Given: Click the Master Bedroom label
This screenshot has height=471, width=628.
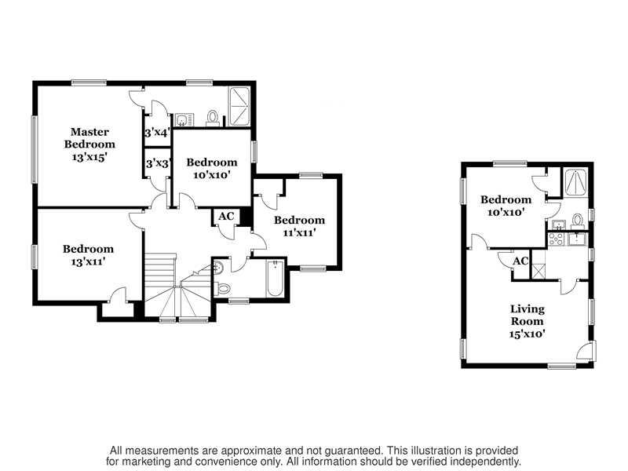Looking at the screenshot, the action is [x=89, y=138].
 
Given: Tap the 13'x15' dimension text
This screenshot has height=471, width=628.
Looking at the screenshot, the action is [x=89, y=157].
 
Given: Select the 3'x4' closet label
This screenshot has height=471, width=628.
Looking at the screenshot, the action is [x=158, y=132].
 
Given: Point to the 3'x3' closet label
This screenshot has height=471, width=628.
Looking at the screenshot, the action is [x=159, y=163].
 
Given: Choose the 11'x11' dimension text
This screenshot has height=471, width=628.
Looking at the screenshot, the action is [x=299, y=232].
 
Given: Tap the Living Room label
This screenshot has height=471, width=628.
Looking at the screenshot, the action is [x=527, y=315].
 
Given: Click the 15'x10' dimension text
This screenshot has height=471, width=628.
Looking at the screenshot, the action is [x=527, y=334].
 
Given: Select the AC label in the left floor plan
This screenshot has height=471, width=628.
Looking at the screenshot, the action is [x=226, y=217].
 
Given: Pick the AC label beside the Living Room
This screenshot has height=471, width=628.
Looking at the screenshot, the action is [x=520, y=261].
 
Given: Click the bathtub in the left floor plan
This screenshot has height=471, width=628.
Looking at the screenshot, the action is [x=276, y=279].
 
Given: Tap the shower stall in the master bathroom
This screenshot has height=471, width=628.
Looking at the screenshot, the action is [x=239, y=106].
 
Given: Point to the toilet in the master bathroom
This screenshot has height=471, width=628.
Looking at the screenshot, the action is [x=212, y=118].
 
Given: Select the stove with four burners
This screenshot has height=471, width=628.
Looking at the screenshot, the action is [x=556, y=239].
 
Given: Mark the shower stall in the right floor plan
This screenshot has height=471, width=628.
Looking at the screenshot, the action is [x=575, y=182].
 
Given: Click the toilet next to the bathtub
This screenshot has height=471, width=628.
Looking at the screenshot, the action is [x=223, y=288].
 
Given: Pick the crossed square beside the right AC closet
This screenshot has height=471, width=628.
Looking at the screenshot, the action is [x=538, y=271].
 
